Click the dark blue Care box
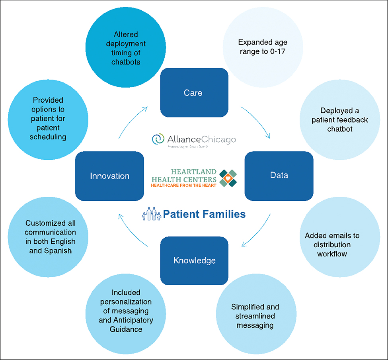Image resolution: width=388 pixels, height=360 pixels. click(193, 93)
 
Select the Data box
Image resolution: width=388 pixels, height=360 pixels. click(279, 175)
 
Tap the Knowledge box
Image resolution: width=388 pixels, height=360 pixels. click(194, 260)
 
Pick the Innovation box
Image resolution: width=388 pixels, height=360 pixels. click(109, 176)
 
